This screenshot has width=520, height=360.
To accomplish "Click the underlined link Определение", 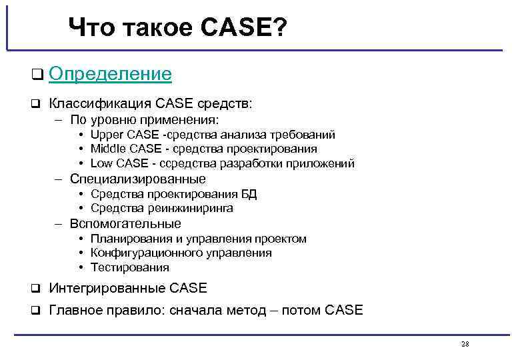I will click(110, 74).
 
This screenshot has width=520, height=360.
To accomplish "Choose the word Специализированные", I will click(138, 179).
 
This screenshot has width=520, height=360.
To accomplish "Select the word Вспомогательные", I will click(125, 223).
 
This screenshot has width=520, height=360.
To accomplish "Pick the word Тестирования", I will click(130, 267).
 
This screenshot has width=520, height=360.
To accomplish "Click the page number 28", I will click(465, 344).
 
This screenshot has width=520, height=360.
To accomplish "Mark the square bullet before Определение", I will click(37, 75).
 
